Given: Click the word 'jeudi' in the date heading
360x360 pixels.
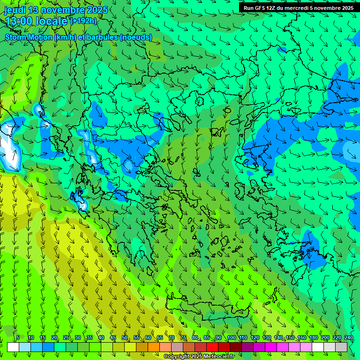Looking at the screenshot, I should (x=15, y=10).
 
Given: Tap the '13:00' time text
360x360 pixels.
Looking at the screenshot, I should (x=19, y=21).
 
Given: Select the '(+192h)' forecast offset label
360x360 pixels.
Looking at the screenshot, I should (x=83, y=21).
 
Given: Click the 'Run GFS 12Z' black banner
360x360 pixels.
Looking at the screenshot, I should (x=299, y=7).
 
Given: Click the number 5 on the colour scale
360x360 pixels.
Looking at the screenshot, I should (x=18, y=337).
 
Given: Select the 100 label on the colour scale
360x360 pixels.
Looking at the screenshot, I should (x=231, y=337).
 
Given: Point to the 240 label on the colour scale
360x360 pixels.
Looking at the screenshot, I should (x=348, y=337).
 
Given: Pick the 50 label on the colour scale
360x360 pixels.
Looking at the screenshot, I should (x=125, y=337).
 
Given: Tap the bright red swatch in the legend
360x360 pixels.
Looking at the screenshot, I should (x=212, y=347).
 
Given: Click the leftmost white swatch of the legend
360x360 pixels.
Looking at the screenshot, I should (x=13, y=347).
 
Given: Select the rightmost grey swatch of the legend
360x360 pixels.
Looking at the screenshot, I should (x=341, y=347).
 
